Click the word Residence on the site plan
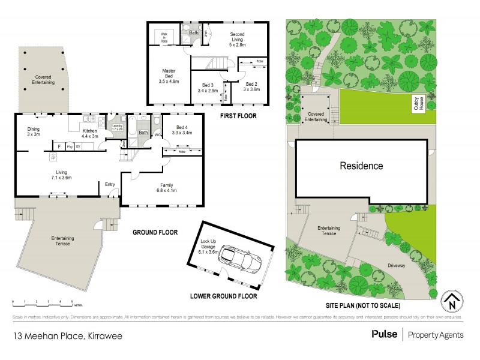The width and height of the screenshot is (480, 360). [x=361, y=166]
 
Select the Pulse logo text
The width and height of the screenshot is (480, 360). [x=384, y=334]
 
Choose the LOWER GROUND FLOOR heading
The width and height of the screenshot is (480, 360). [x=223, y=296]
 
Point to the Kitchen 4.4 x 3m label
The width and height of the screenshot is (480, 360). [x=89, y=133]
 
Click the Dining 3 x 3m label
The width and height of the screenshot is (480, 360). [x=34, y=131]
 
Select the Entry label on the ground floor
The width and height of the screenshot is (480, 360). [x=110, y=184]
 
